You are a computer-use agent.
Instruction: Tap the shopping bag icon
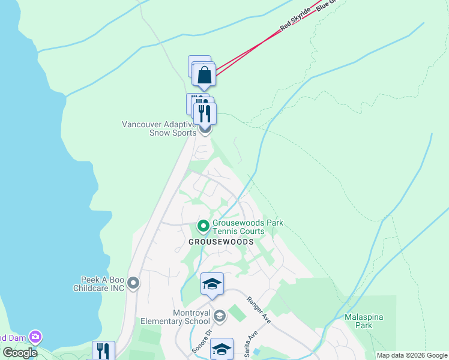[x=205, y=75]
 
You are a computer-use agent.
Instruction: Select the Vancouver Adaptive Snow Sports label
[x=158, y=128]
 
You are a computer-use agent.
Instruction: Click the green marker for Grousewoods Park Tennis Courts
[x=203, y=226]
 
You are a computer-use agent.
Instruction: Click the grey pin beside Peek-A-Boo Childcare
[x=133, y=282]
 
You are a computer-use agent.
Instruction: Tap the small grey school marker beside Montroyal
[x=220, y=316]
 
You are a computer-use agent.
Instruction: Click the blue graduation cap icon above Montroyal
[x=212, y=284]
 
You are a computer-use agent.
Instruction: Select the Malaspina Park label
[x=364, y=321]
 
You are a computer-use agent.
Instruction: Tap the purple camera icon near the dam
[x=35, y=337]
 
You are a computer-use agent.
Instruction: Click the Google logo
[x=20, y=352]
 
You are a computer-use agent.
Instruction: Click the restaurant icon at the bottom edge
[x=103, y=352]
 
